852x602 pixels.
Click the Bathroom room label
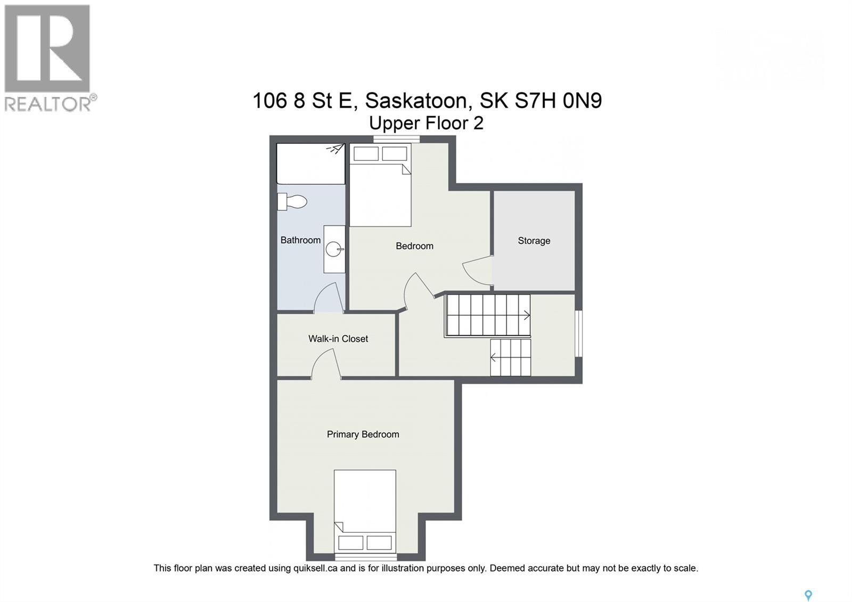[300, 240]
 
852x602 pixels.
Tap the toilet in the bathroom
[293, 201]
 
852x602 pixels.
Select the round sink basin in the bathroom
[334, 249]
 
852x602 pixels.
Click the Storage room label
[534, 241]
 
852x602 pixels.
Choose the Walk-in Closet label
[338, 339]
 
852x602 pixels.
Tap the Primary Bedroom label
[363, 435]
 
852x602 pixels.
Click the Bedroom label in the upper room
[414, 246]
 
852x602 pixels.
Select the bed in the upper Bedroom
[380, 186]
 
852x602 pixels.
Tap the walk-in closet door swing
[325, 365]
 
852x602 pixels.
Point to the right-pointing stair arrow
[526, 315]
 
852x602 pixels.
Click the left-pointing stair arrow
[495, 357]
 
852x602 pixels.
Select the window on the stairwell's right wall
[579, 333]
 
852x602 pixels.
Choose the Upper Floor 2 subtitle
[426, 123]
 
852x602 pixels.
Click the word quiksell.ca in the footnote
[315, 568]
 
